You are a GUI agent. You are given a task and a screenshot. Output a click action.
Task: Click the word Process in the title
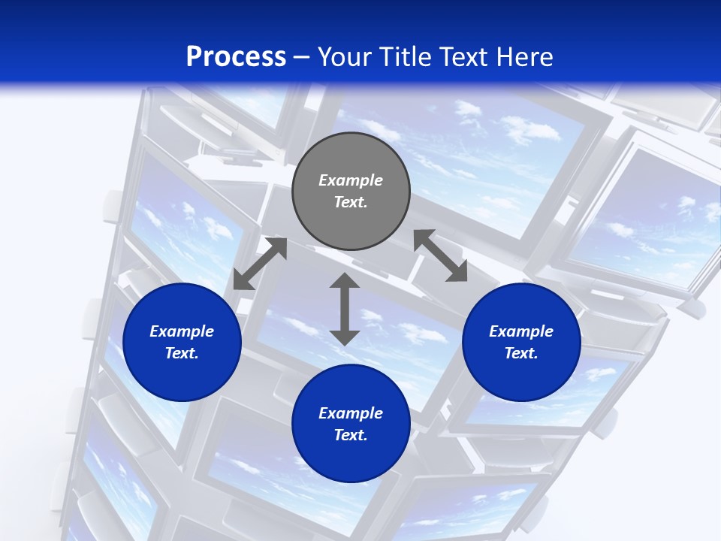point(236,56)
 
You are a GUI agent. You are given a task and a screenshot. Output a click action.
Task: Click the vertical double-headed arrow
point(345,309)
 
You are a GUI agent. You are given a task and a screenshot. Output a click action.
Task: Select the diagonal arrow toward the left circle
point(260,263)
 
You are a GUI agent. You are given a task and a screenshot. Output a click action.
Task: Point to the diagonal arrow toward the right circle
point(441,255)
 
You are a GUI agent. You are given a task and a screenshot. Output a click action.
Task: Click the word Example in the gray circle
point(351,180)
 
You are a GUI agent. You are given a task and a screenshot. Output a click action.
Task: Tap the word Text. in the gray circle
point(351,202)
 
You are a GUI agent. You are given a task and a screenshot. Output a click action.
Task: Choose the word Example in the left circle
point(182,331)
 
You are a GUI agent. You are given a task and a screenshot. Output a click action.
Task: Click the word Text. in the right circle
point(521,353)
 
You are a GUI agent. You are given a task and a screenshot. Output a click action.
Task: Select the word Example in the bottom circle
point(351,413)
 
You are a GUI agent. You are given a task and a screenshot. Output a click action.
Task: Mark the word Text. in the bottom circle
point(351,435)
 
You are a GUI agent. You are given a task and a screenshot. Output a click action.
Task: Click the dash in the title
point(302,57)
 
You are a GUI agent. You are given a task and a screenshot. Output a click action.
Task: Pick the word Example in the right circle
point(521,331)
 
